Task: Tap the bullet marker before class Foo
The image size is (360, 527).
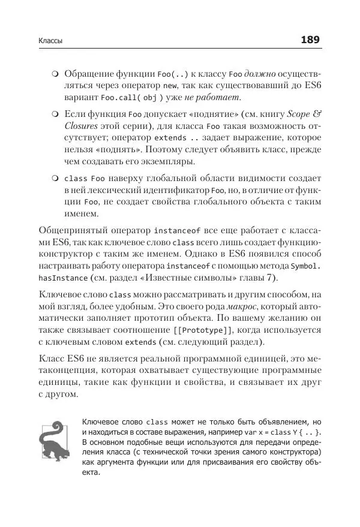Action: point(55,179)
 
